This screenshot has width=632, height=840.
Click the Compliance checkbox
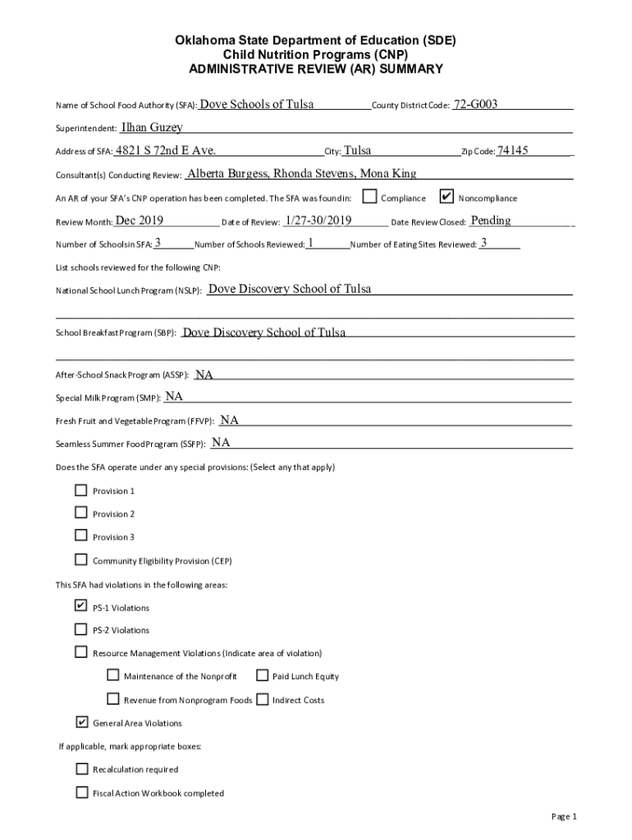[370, 197]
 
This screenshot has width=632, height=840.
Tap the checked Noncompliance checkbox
[447, 197]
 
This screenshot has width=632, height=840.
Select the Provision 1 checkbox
[80, 491]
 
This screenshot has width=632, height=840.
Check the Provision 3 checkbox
[80, 536]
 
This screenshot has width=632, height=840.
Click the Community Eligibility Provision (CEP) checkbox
[80, 559]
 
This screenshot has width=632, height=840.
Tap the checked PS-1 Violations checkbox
[80, 606]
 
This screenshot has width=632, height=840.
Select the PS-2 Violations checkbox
[80, 629]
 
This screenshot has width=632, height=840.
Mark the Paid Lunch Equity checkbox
[262, 676]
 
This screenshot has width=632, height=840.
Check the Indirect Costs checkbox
[262, 700]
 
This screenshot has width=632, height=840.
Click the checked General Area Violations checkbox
[81, 723]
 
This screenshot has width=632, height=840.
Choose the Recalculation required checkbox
[81, 769]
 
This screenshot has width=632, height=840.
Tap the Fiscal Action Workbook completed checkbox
[81, 792]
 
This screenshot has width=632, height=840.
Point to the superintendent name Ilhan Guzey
[152, 127]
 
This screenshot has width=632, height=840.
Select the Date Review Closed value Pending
[491, 220]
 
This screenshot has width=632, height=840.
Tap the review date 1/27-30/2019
[318, 220]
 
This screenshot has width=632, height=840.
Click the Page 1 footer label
[565, 816]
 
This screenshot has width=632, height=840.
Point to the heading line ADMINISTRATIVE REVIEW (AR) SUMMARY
[316, 69]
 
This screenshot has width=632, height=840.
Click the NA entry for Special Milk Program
[174, 396]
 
